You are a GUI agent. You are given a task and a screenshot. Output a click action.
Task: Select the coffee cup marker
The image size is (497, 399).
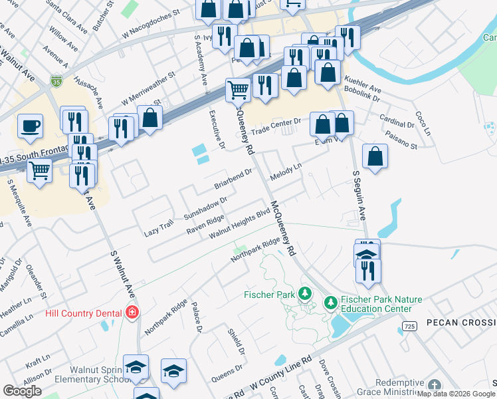[x=29, y=126]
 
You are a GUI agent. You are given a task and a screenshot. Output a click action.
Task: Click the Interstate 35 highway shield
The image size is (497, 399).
[x=56, y=81]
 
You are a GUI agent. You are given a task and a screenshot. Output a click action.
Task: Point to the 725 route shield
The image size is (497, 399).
[x=409, y=325]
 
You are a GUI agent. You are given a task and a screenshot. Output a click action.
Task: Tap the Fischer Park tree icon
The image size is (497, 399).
[x=305, y=293]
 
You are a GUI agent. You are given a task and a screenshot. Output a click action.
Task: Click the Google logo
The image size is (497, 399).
[x=22, y=391]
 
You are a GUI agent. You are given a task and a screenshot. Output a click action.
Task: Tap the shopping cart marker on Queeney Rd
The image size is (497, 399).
[x=238, y=89]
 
